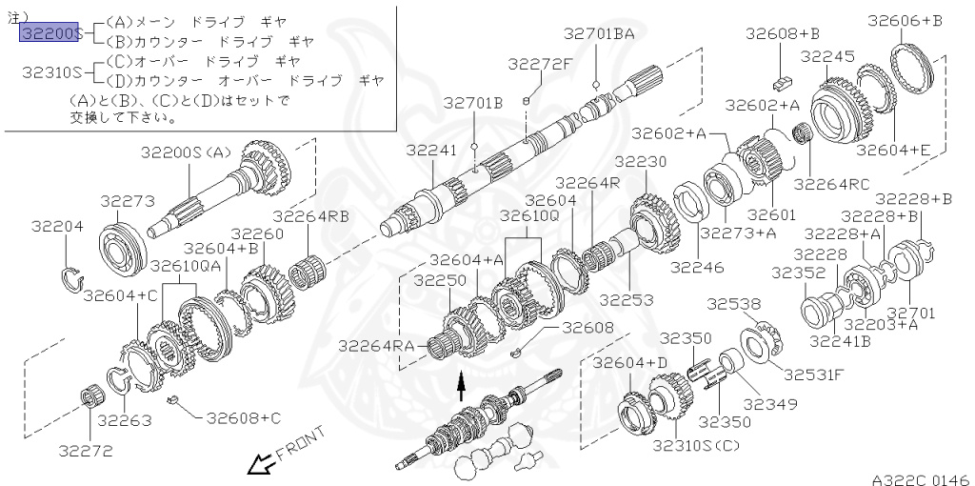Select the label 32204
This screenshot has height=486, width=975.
[x=57, y=227]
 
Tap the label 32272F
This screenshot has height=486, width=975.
[x=540, y=65]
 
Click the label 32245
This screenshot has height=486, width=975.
[x=827, y=57]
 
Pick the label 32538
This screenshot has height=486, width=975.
[x=734, y=304]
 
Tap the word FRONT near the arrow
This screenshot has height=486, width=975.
[x=300, y=444]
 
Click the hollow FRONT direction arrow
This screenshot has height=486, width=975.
[x=258, y=464]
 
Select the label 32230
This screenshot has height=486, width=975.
[x=641, y=162]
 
